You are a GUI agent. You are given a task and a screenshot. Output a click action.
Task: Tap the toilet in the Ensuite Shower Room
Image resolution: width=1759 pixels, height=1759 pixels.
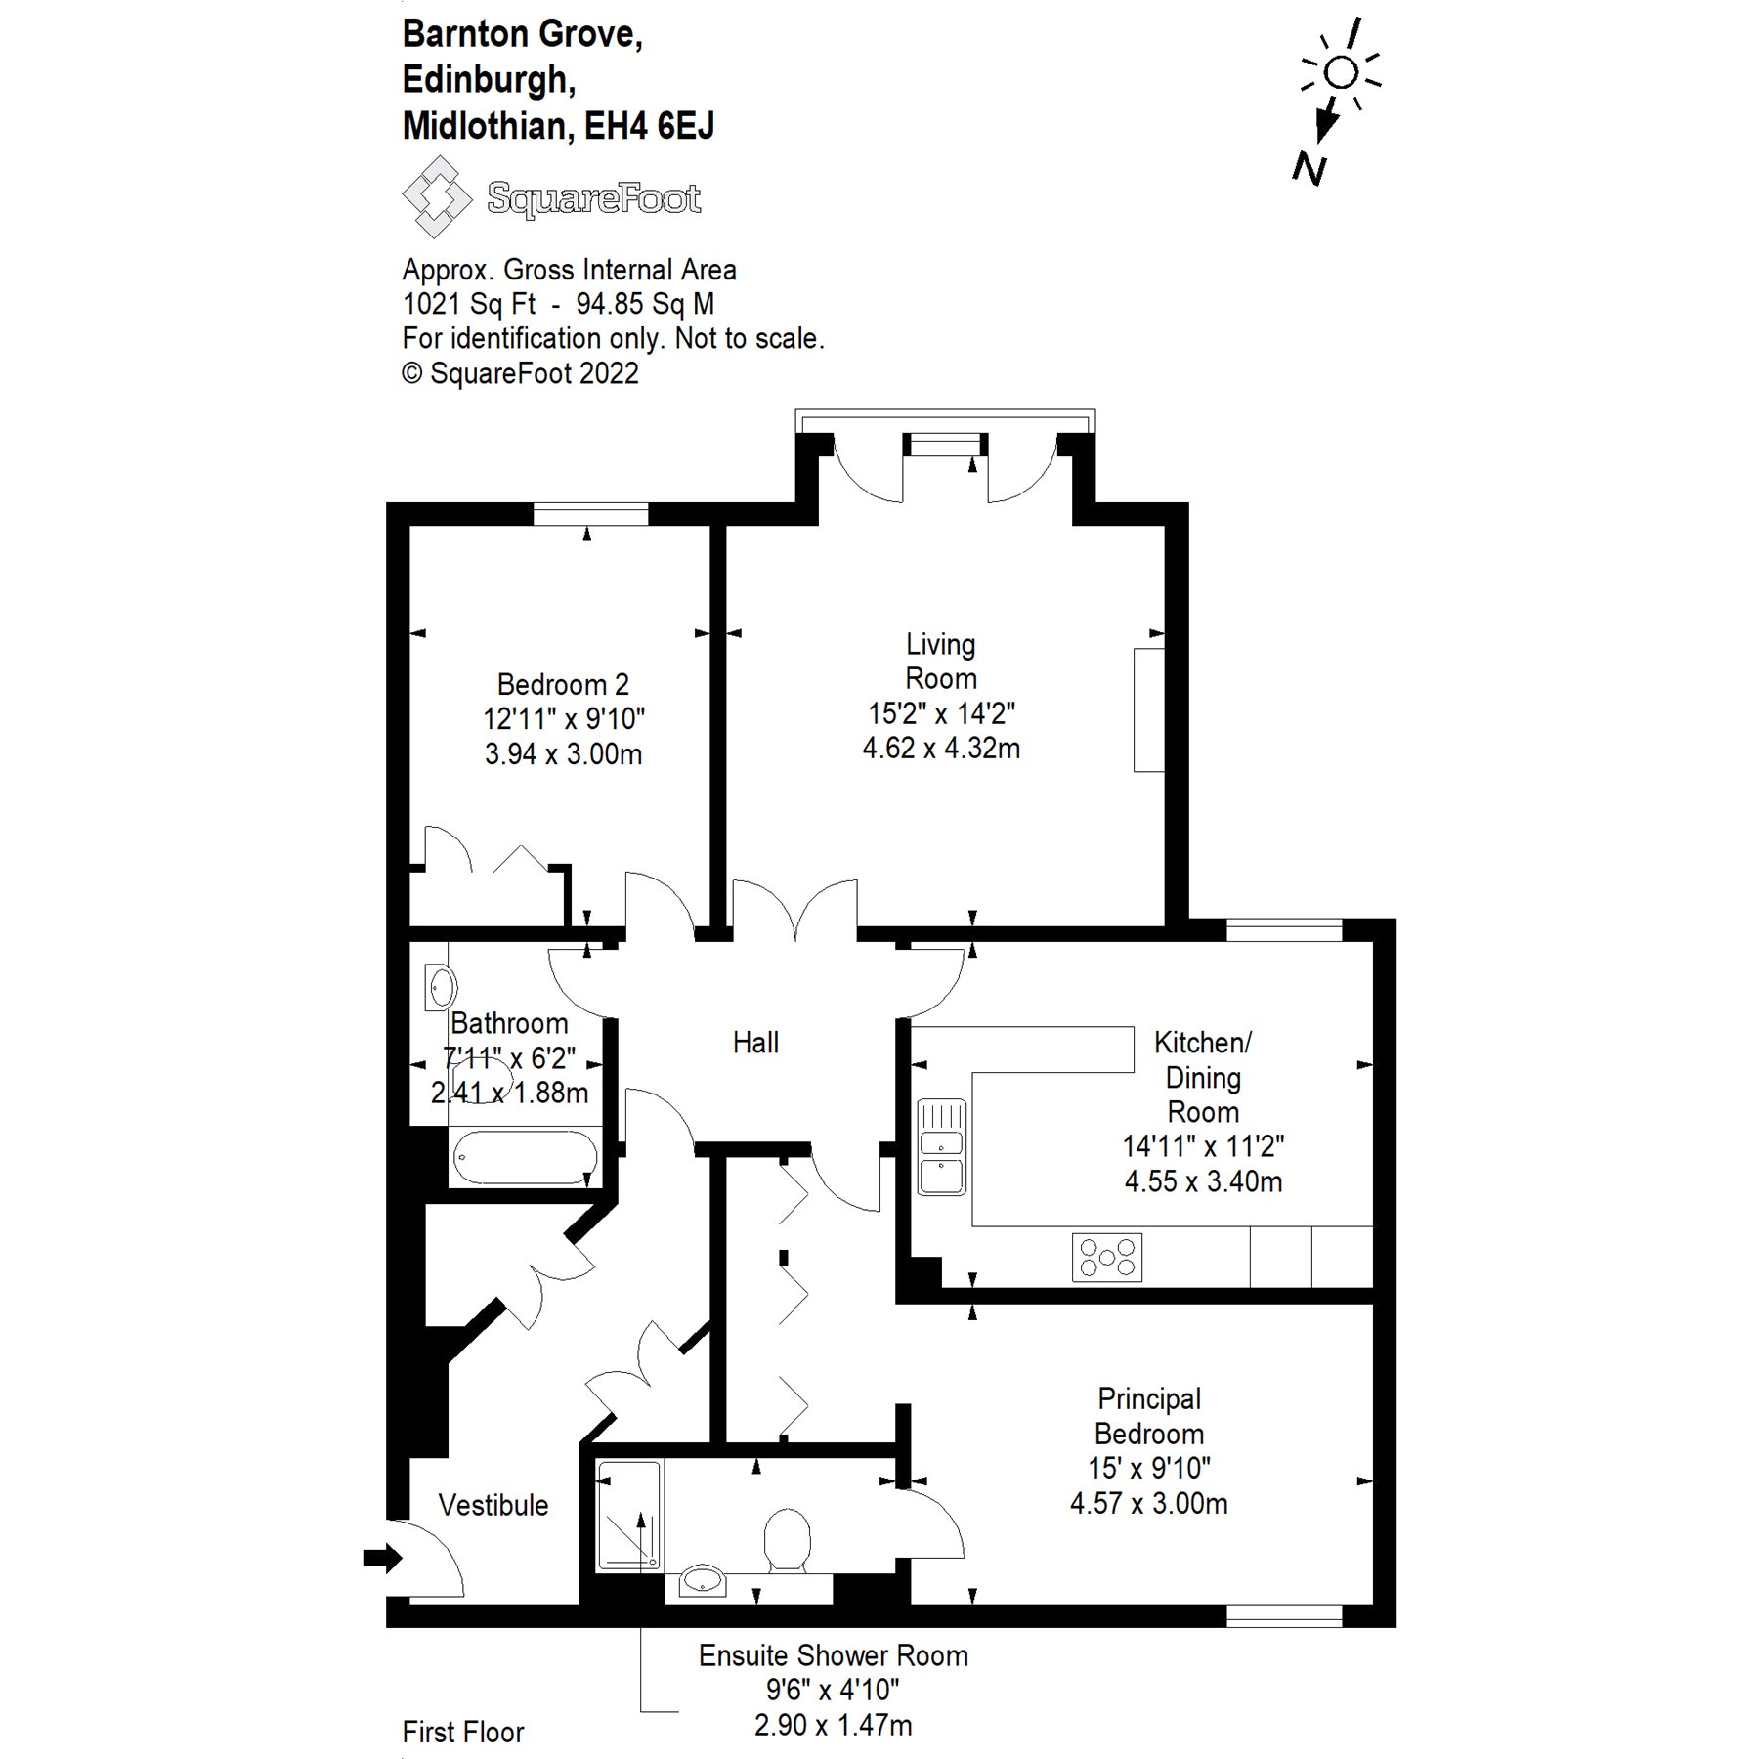click(787, 1540)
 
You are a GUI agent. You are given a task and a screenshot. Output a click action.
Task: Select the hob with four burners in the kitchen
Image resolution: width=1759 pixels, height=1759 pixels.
click(1106, 1257)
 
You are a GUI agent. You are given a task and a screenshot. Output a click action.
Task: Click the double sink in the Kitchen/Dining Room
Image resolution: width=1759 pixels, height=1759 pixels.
click(941, 1147)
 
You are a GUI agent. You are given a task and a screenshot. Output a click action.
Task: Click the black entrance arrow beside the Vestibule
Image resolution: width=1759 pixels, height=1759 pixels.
click(382, 1558)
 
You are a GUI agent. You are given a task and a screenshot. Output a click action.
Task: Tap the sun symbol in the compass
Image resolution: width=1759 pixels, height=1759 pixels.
click(1342, 72)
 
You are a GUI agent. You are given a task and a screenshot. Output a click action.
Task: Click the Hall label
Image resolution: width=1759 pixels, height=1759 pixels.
click(755, 1043)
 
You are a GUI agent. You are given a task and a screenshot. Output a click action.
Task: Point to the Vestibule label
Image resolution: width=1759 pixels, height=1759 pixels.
click(493, 1505)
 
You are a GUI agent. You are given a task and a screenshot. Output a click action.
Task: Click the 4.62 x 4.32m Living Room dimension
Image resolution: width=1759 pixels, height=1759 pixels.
click(940, 749)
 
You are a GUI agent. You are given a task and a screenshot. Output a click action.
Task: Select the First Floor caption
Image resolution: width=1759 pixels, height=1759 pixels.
click(462, 1733)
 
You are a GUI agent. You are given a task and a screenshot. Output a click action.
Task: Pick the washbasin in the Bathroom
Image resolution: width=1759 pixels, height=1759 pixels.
click(440, 987)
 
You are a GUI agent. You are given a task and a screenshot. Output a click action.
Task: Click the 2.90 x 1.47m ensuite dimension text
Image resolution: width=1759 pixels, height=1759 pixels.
click(833, 1726)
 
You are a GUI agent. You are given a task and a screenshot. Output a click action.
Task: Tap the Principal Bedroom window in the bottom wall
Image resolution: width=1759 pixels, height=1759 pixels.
click(1284, 1616)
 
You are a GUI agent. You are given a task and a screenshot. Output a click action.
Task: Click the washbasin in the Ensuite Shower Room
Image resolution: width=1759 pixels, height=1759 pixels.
click(703, 1580)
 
